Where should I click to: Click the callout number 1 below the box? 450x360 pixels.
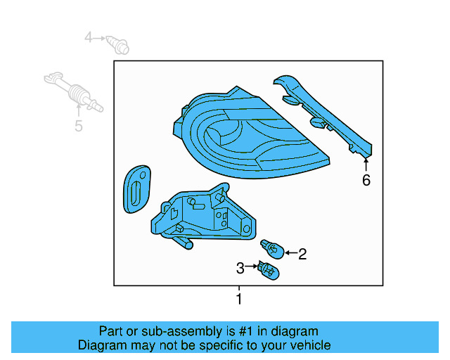coord(239,300)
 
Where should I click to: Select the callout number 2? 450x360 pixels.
coord(302,255)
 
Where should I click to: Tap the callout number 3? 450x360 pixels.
coord(240,268)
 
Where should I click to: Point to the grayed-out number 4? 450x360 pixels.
coord(89,37)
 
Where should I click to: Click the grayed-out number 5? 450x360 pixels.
coord(79,126)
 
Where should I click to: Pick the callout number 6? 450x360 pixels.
coord(366,180)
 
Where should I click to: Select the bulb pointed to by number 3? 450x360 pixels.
coord(268,270)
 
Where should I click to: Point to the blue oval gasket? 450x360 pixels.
coord(135,188)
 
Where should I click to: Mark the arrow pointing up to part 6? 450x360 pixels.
coord(366,164)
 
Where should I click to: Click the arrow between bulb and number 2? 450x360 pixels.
coord(289,253)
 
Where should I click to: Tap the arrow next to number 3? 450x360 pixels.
coord(252,267)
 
